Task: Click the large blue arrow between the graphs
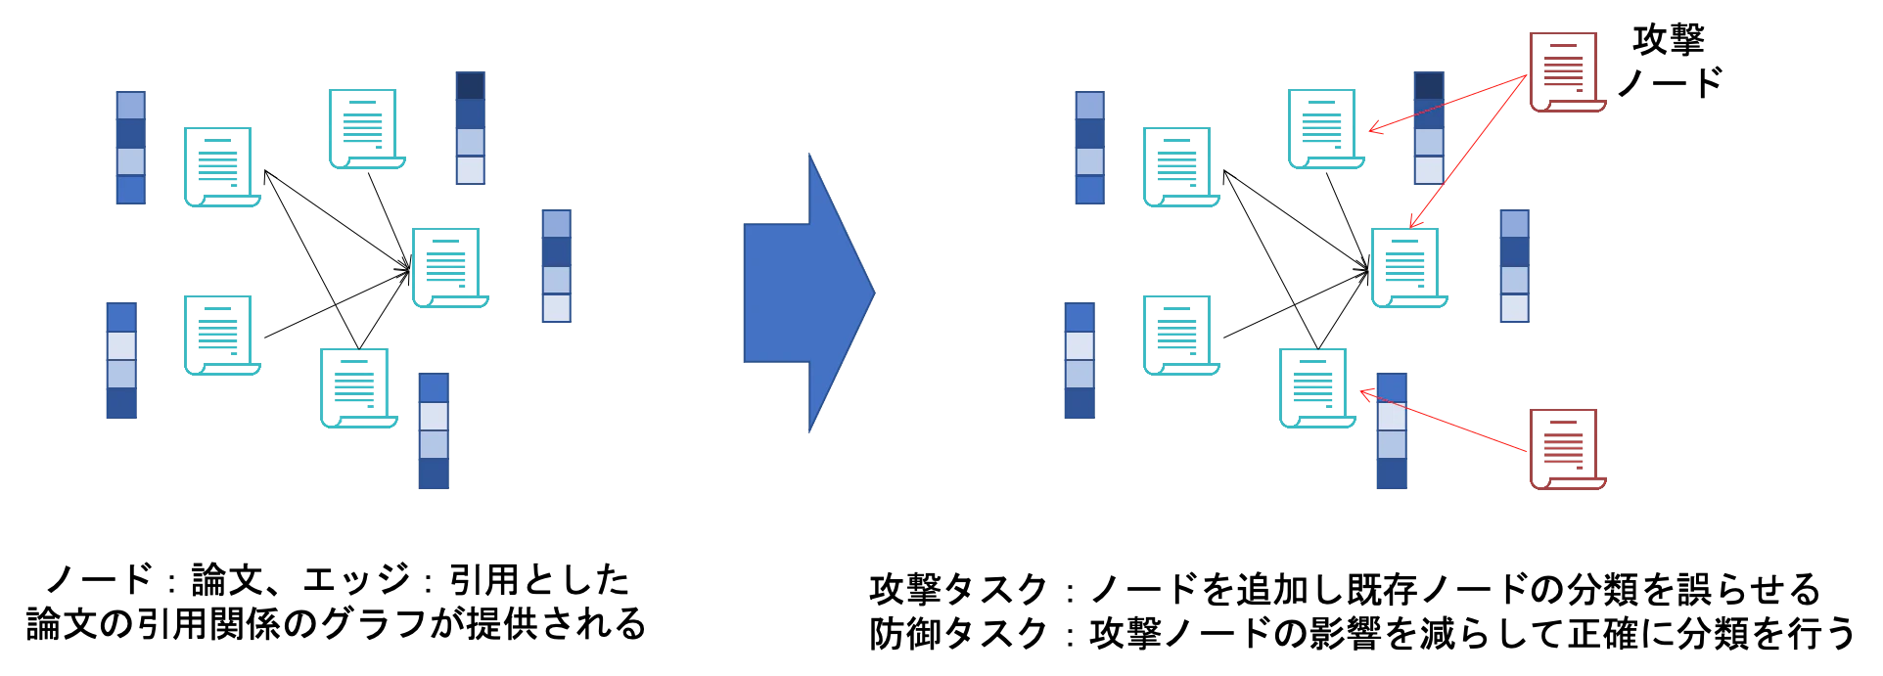coord(808,293)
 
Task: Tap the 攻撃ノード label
coord(1669,61)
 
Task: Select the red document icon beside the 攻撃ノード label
coord(1567,71)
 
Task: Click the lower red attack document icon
coord(1567,449)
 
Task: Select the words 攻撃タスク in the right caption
coord(959,589)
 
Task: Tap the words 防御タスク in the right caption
coord(959,633)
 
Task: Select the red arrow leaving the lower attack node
coord(1444,421)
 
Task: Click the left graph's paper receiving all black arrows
coord(449,267)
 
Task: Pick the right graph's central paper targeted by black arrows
coord(1408,267)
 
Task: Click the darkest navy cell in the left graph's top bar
coord(471,86)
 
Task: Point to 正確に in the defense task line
coord(1622,633)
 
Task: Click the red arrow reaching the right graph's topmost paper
coord(1447,103)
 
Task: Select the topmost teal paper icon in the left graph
coord(367,128)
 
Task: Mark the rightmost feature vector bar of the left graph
coord(557,266)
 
